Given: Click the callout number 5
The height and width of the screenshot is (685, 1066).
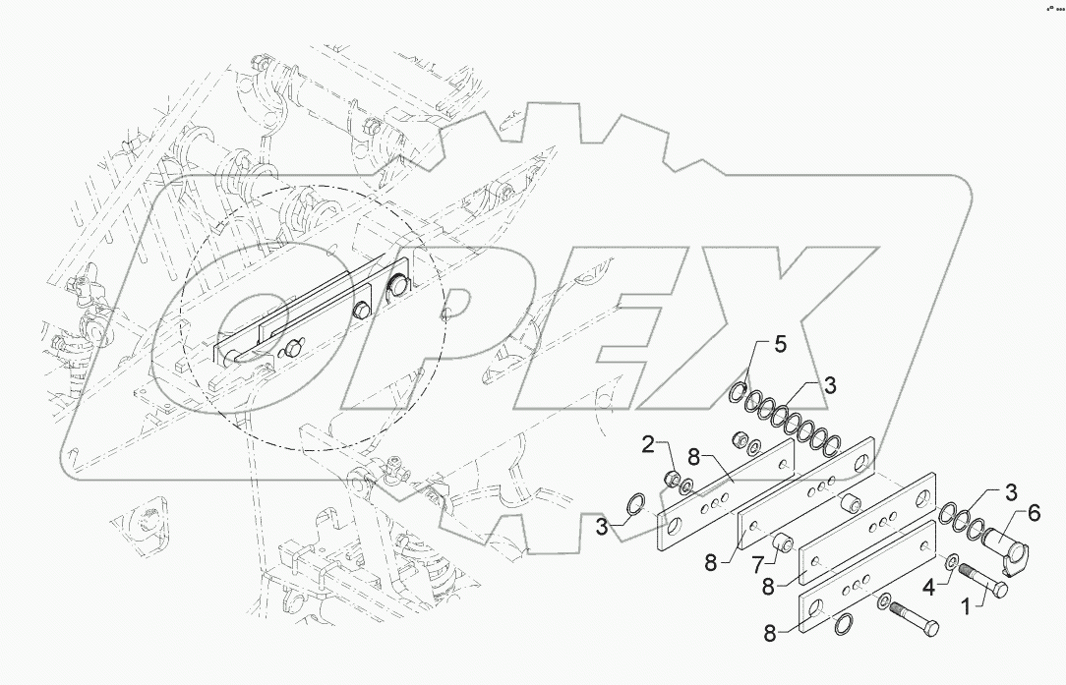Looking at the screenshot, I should [x=780, y=345].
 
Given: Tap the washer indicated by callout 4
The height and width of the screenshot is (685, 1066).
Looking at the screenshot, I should [x=953, y=562].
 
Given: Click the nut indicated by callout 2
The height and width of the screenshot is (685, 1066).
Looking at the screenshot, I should [x=672, y=479].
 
